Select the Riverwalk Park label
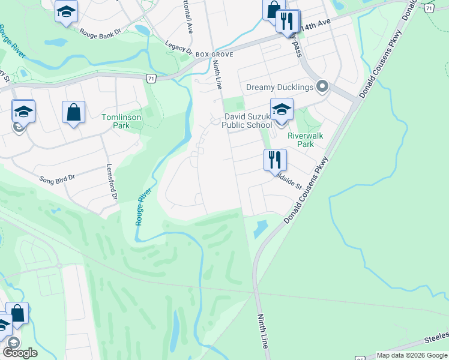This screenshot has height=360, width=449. [305, 140]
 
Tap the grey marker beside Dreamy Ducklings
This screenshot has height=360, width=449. [322, 88]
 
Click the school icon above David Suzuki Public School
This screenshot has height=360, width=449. [281, 110]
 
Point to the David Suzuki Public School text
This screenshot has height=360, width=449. [247, 121]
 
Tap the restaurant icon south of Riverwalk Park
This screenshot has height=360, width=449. [275, 160]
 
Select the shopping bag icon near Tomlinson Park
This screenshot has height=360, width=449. [73, 112]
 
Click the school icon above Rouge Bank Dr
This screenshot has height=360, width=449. [66, 11]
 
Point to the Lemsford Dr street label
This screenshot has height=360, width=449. [110, 182]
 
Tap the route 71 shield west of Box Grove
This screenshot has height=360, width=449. [151, 79]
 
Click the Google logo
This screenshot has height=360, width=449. [20, 353]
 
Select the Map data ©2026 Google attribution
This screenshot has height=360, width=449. [412, 355]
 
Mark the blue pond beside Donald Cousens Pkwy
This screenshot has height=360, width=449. [261, 228]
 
